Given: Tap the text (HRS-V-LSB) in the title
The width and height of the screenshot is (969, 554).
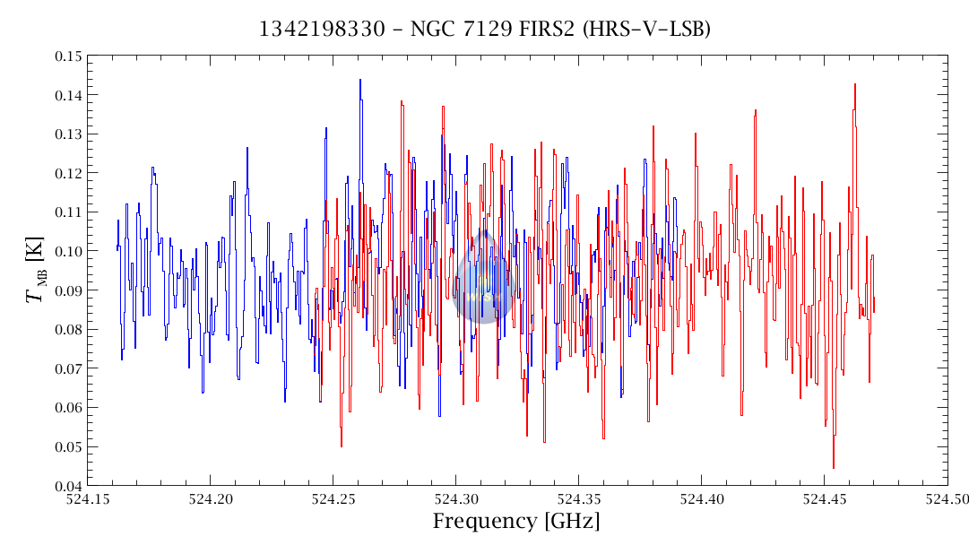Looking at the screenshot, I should click(646, 30).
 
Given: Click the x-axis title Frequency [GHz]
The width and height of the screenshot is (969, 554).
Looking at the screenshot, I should click(516, 522).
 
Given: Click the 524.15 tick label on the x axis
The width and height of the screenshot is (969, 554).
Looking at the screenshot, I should click(87, 498).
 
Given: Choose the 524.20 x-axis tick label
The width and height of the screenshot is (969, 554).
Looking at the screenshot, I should click(210, 498).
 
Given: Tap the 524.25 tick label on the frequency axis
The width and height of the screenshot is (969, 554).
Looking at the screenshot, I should click(333, 498).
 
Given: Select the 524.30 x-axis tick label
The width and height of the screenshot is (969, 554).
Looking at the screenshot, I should click(455, 498).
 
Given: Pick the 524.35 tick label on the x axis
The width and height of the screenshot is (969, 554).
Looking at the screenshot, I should click(579, 498).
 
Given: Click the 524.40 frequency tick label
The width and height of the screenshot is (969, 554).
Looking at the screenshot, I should click(702, 498).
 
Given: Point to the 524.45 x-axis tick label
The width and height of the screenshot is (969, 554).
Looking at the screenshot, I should click(825, 498).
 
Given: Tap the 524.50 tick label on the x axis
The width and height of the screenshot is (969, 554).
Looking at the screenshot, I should click(947, 498).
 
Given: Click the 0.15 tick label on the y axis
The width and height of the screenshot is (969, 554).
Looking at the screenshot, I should click(65, 56).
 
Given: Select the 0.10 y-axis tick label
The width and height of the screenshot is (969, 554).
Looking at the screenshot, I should click(65, 251).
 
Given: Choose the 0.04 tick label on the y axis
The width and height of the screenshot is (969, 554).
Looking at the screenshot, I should click(65, 486).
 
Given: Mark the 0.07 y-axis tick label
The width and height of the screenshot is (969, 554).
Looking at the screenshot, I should click(65, 368).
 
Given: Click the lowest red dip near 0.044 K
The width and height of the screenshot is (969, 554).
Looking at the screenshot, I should click(834, 466).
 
